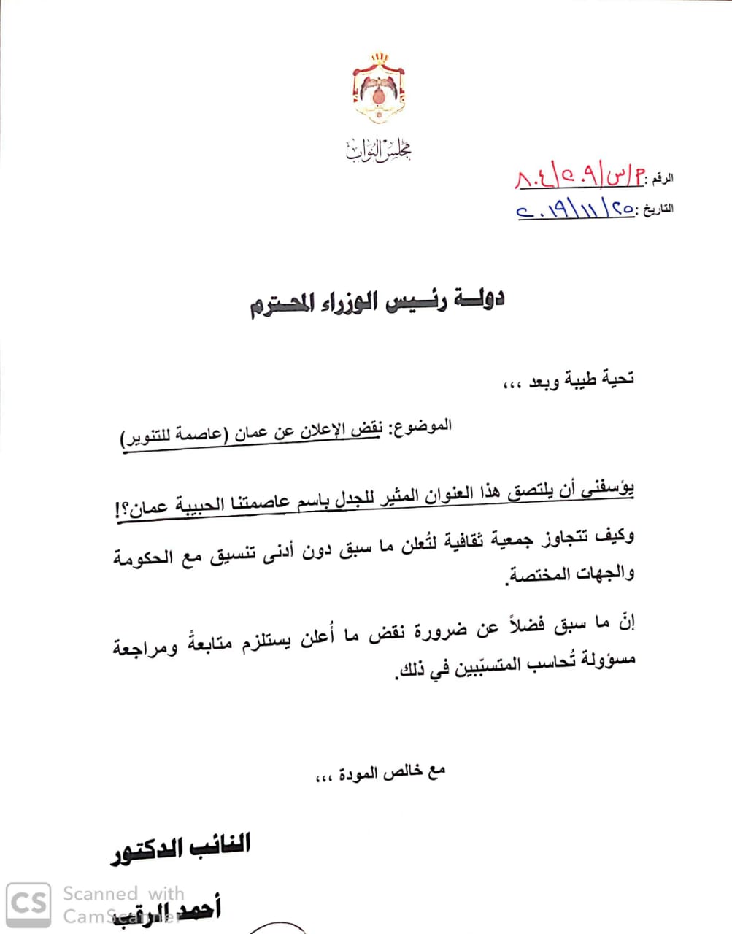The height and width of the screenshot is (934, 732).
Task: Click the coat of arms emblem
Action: click(x=378, y=88)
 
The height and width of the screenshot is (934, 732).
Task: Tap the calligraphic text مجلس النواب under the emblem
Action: click(x=378, y=150)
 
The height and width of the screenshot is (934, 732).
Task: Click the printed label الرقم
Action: click(x=663, y=177)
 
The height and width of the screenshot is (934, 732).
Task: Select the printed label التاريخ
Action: click(x=657, y=209)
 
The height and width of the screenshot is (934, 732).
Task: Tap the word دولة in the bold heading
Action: click(x=479, y=299)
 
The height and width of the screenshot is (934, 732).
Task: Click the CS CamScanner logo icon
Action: click(x=29, y=903)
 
